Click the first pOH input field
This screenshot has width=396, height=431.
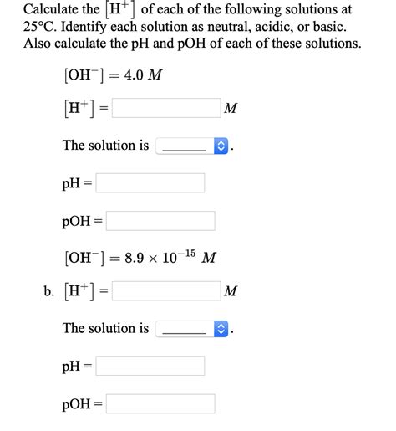pos(160,221)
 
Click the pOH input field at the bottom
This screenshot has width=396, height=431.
pos(160,403)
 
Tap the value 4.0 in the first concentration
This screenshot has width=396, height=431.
pos(134,74)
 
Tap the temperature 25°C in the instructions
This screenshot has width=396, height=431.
pos(43,27)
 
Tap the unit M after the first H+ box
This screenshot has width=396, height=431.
pos(231,109)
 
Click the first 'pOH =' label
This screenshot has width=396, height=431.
pos(81,221)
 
